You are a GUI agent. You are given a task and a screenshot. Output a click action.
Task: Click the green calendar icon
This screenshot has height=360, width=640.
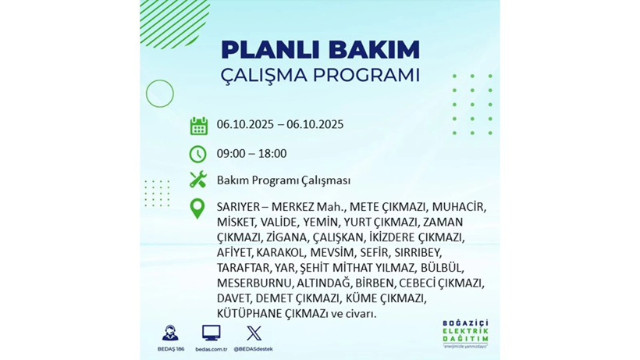tap(198, 126)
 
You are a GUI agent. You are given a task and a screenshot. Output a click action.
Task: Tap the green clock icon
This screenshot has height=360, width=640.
tap(198, 154)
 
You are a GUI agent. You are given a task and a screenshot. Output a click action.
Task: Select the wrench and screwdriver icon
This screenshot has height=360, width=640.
tap(198, 180)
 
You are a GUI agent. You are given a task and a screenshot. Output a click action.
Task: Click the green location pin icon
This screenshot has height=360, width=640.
tap(197, 209)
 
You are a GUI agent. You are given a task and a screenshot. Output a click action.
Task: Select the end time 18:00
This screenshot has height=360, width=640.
tap(272, 154)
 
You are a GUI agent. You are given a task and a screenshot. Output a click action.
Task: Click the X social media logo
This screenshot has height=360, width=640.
tap(253, 333)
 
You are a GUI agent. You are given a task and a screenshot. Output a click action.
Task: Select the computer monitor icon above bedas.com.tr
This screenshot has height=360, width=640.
tap(211, 333)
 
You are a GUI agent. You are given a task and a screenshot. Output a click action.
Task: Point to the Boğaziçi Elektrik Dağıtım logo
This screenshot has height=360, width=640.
tap(464, 334)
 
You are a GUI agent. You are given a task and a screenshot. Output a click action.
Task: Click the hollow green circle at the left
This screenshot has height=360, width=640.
tap(160, 94)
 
